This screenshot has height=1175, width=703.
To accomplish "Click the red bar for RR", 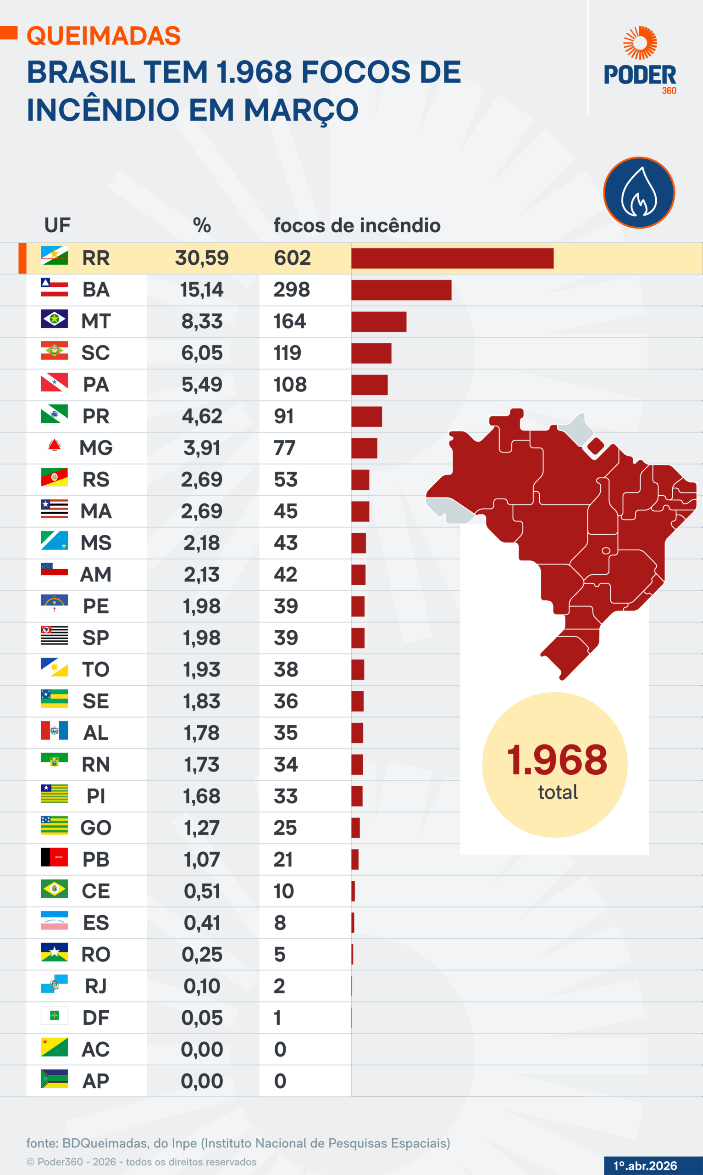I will click(x=452, y=258).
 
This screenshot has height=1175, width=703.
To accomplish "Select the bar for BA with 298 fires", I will click(x=401, y=290).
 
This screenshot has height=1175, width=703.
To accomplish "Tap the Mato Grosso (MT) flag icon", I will click(x=54, y=319).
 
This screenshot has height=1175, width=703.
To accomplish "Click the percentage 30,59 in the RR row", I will click(x=202, y=258).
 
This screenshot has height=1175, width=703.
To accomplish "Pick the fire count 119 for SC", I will click(x=287, y=353).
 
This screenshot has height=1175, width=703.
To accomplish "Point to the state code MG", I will click(x=96, y=448).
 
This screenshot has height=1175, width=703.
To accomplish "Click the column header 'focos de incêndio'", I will click(x=357, y=226).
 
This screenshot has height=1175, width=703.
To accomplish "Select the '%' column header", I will click(x=202, y=226).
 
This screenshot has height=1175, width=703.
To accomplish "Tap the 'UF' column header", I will click(x=57, y=226).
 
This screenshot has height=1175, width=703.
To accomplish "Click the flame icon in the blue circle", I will click(x=639, y=193).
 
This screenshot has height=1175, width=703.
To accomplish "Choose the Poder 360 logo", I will click(x=640, y=61).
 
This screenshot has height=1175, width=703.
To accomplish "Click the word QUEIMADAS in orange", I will click(x=104, y=36).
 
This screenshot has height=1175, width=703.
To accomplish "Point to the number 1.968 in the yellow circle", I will click(x=557, y=760).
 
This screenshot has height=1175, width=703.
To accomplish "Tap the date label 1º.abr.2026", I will click(x=645, y=1165).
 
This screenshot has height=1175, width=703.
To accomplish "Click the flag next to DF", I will click(x=54, y=1015).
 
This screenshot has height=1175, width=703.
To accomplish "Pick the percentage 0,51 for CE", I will click(x=202, y=891).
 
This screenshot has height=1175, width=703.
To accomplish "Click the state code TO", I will click(x=96, y=669).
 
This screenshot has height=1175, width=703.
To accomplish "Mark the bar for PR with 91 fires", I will click(x=366, y=417).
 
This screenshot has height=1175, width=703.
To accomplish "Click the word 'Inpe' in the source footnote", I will click(x=184, y=1143).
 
